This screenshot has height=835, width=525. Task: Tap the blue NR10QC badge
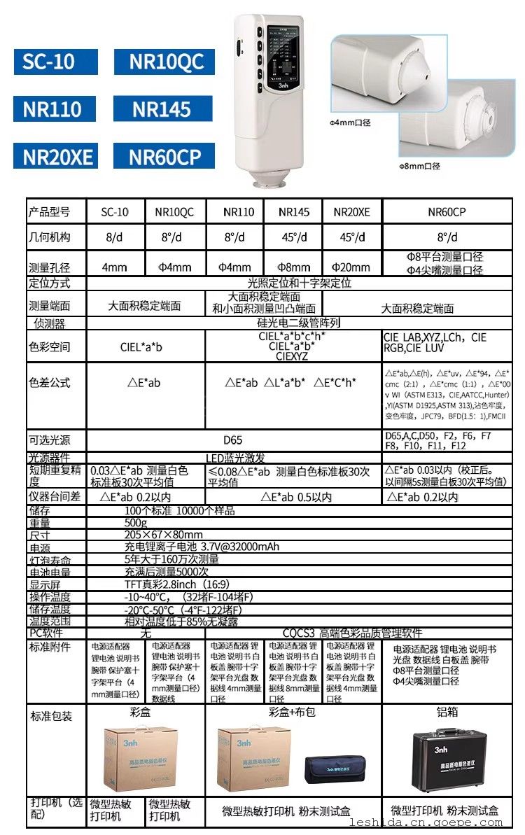[164, 62]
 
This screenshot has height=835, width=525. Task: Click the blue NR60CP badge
[164, 156]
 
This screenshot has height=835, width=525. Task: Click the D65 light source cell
[233, 440]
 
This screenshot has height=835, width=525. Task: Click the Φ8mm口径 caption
[419, 167]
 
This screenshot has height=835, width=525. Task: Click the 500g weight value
[136, 523]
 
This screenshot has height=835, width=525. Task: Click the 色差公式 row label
[50, 383]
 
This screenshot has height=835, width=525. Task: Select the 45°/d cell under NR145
[294, 237]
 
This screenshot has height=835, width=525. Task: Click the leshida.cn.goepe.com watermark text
[435, 823]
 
